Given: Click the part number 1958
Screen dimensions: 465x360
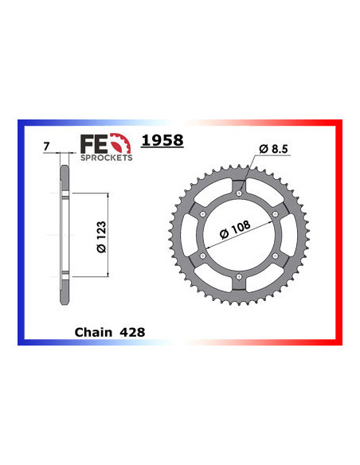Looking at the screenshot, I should click(x=162, y=141).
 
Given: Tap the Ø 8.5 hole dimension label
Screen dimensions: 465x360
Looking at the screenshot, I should click(x=275, y=149).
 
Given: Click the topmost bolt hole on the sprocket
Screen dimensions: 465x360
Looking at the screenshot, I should click(x=239, y=193).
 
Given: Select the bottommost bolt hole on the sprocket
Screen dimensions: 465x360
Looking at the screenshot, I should click(x=239, y=275).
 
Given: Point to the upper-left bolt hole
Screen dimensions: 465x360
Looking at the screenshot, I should click(x=204, y=214).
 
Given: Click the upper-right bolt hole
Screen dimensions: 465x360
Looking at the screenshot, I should click(x=275, y=214).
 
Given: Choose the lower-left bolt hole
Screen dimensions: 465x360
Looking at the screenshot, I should click(x=204, y=255).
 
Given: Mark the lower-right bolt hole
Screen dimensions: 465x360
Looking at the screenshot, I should click(x=275, y=255).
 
